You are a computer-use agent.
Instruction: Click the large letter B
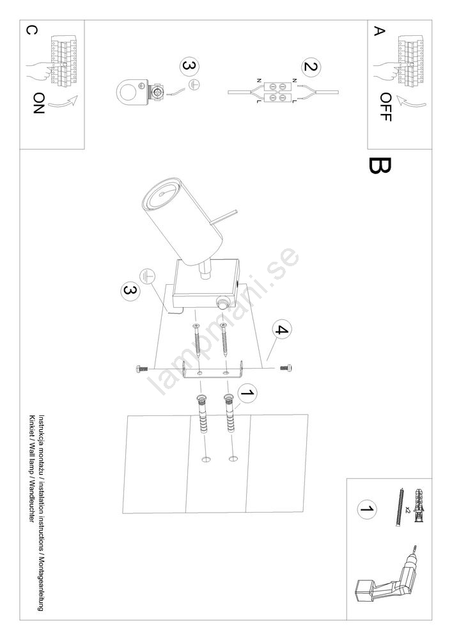380,166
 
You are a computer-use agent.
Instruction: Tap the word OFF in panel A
385,107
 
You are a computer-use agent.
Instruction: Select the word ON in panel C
39,103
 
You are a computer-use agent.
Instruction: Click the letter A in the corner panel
380,31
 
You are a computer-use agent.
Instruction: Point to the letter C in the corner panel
31,30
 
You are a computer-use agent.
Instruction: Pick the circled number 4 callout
282,329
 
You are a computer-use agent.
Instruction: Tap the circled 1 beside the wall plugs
247,393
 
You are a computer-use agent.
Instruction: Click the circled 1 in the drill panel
367,509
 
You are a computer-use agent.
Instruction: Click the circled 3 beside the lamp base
130,291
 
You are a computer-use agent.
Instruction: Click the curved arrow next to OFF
412,102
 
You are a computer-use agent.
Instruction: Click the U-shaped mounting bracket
213,371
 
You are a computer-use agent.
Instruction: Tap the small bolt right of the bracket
287,368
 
